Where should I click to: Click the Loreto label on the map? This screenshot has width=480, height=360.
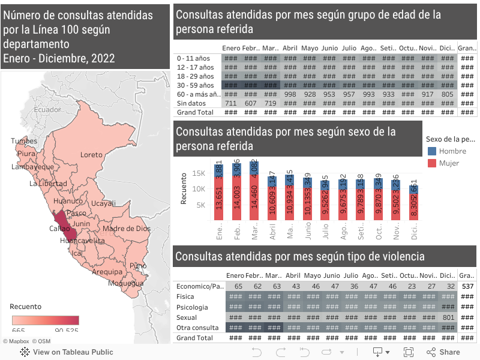pos(91,155)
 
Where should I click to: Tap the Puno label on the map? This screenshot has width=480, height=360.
pos(137,265)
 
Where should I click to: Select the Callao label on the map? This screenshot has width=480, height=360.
pos(59,229)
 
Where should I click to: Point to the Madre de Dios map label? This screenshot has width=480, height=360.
pos(127,229)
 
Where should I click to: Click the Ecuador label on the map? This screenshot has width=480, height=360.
pos(47,110)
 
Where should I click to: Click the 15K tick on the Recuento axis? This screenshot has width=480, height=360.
pos(199,173)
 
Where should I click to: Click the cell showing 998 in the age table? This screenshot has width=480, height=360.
pos(290,94)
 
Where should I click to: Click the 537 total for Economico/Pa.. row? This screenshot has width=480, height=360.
pos(467,287)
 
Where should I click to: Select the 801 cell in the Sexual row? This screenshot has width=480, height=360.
pos(448,317)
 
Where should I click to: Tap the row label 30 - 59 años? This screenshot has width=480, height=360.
pos(195,85)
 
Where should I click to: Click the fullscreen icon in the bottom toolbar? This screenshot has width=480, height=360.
pos(409,352)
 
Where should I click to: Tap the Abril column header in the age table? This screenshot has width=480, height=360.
pos(290,49)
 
